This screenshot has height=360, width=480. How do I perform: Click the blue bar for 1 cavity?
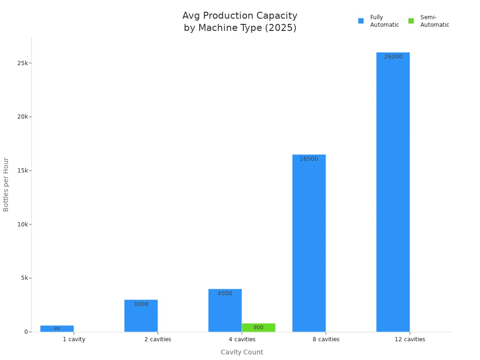click(57, 329)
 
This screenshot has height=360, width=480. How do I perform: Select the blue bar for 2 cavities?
click(141, 316)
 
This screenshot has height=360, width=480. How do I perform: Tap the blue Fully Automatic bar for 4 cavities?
click(225, 312)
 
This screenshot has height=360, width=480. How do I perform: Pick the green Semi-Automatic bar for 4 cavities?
click(258, 327)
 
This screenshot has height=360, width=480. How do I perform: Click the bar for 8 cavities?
click(309, 244)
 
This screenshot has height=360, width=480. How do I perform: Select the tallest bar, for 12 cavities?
click(393, 192)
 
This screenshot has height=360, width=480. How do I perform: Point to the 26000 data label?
click(393, 57)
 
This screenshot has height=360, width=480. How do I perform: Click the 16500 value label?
click(309, 159)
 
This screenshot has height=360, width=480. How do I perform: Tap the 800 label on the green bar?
click(258, 328)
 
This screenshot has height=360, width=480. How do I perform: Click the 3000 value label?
click(141, 304)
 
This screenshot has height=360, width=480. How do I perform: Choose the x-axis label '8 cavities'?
click(326, 339)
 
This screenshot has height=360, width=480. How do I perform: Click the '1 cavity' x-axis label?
click(74, 339)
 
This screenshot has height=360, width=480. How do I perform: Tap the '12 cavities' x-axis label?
click(410, 339)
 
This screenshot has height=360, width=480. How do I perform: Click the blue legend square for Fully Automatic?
click(361, 21)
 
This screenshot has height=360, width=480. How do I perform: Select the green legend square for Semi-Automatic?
click(411, 21)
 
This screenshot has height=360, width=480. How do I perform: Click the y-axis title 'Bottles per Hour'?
click(6, 184)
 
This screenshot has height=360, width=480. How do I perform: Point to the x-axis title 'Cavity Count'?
click(242, 352)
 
